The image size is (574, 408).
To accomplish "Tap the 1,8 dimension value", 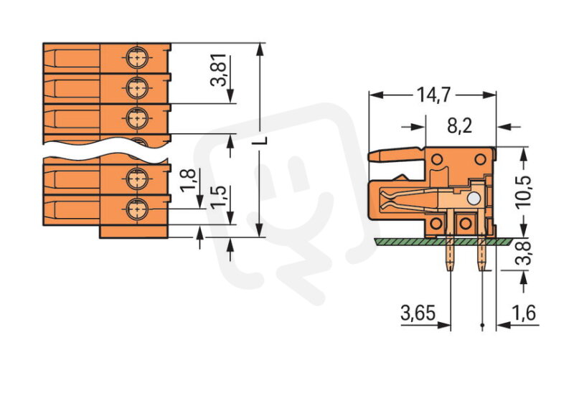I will [x=187, y=179].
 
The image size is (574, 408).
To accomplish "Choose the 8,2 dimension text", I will [x=459, y=126].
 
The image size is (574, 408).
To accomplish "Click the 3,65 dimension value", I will [x=417, y=313].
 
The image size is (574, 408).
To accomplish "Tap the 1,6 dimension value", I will [x=524, y=313].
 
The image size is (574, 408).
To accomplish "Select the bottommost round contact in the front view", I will [x=136, y=209].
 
